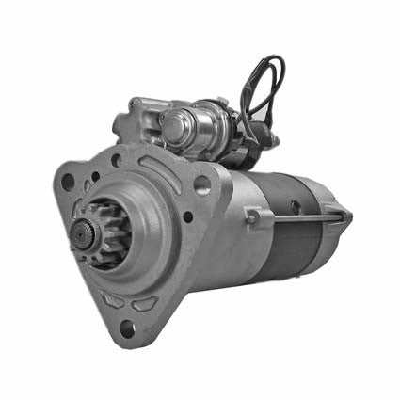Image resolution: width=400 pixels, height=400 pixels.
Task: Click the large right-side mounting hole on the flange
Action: click(201, 184)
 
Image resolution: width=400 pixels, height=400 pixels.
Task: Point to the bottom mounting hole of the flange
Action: click(126, 328)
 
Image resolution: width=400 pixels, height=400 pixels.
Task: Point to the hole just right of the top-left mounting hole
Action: click(95, 175)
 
